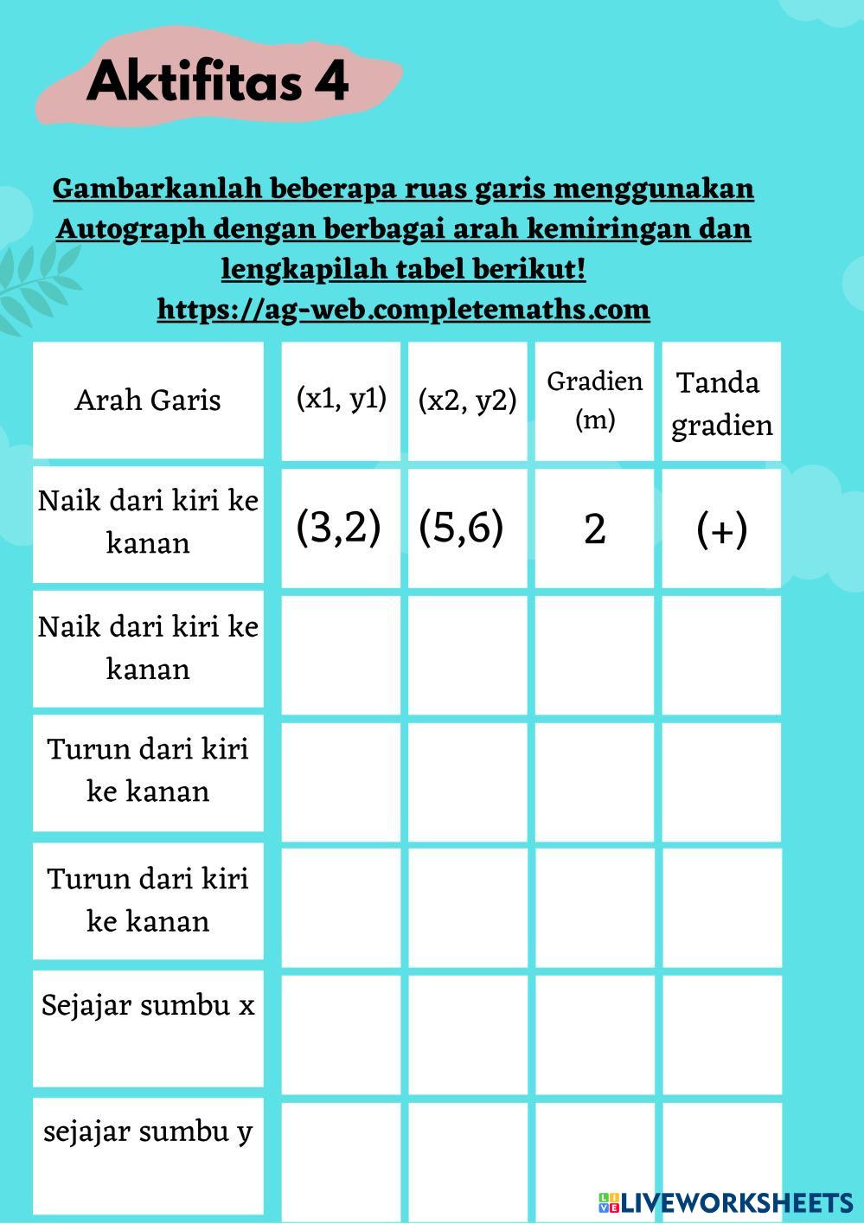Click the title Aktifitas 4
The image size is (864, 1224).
pos(217,82)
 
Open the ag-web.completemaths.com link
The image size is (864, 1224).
pos(403,309)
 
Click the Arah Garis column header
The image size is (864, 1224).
pos(148,400)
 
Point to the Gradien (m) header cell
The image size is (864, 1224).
pos(595,400)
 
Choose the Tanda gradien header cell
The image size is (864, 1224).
pos(721,402)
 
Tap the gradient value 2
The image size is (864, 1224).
pos(595,528)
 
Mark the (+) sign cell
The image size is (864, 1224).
pos(721,528)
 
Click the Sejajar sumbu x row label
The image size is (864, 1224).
pos(148,1005)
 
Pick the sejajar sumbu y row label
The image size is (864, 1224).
pos(148,1131)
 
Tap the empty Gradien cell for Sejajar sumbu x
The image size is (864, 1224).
pos(595,1030)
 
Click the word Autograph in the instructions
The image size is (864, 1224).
pos(131,229)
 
